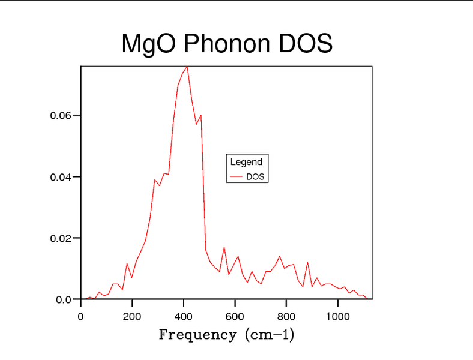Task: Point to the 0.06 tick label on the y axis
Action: click(x=61, y=115)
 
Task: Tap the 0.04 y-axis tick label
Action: click(x=61, y=177)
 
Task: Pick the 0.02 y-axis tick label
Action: click(x=61, y=238)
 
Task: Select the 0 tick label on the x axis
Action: click(x=81, y=316)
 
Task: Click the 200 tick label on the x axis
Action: click(x=132, y=316)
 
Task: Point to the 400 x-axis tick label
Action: click(x=184, y=316)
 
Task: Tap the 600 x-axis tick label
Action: click(x=235, y=316)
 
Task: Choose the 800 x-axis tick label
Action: click(x=286, y=316)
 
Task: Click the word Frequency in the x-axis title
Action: click(x=197, y=335)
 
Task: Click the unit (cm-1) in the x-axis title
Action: click(x=270, y=335)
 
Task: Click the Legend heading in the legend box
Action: click(x=246, y=162)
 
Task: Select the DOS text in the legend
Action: click(x=255, y=177)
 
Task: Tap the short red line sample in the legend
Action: click(x=237, y=177)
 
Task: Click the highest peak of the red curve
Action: click(x=187, y=67)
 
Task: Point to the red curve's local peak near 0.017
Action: click(x=224, y=247)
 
